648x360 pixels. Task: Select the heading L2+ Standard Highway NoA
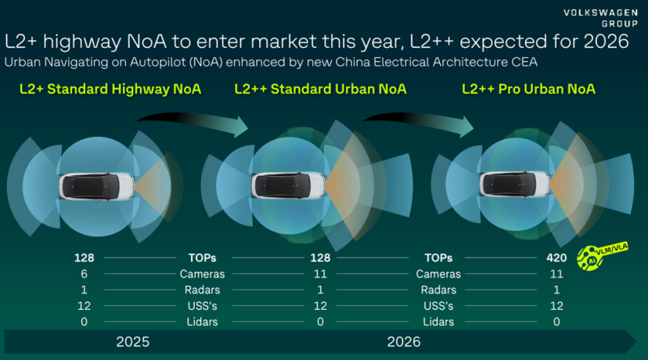110,89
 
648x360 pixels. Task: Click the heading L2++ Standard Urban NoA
320,89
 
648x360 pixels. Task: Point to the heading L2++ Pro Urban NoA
528,89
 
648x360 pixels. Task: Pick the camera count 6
84,274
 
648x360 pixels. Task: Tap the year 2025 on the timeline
132,342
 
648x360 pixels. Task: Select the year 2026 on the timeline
403,342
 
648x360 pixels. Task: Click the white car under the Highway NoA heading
95,185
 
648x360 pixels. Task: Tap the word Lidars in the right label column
438,322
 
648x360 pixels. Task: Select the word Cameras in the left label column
203,274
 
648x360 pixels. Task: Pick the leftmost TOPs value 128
84,257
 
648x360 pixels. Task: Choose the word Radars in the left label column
203,290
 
